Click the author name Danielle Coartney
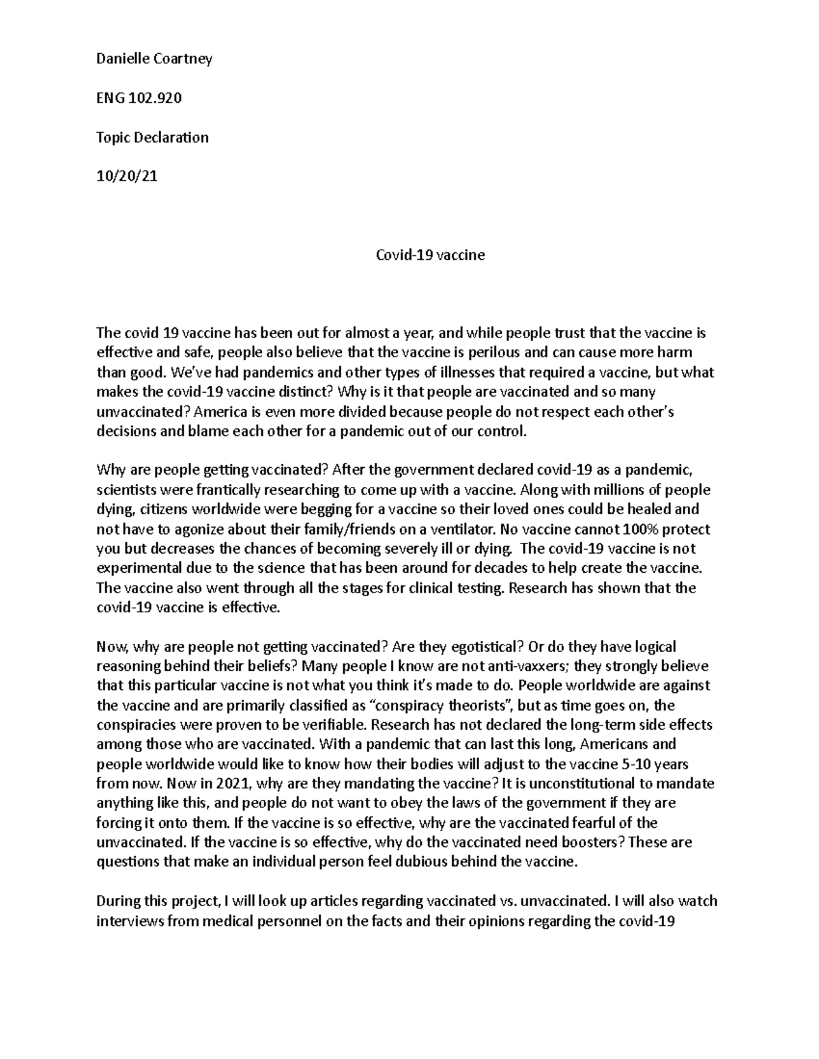click(x=154, y=59)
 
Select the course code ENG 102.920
click(x=139, y=98)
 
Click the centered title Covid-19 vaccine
click(x=431, y=255)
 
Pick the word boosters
click(x=588, y=842)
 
